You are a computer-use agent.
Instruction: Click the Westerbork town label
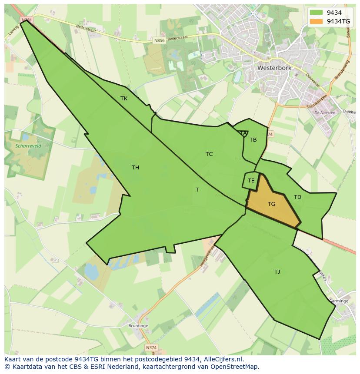[274, 68]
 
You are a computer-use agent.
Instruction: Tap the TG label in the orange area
[271, 204]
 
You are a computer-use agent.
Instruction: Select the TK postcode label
[124, 99]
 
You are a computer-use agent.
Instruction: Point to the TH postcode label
[135, 168]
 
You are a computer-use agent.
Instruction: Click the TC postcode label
[209, 154]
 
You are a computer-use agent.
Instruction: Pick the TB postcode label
[253, 139]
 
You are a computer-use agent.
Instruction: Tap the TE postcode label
[251, 180]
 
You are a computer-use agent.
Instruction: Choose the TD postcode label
[297, 197]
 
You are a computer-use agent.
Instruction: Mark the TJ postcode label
[277, 272]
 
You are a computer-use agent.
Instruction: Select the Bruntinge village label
[138, 326]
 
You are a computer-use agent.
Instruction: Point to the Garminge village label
[339, 301]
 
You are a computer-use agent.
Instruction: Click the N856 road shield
[160, 40]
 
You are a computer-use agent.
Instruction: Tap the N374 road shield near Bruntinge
[151, 348]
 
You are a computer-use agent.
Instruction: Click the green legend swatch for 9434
[317, 13]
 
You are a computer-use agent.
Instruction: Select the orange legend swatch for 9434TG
[317, 21]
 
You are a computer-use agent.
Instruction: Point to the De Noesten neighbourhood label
[324, 113]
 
